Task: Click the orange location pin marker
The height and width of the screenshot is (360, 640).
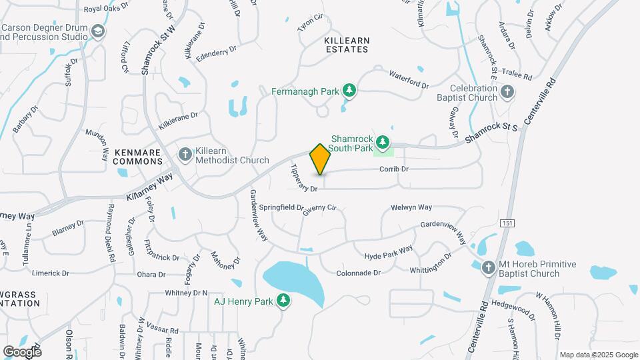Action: pos(320,159)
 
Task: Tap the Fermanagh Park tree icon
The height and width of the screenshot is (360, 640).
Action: pos(349,90)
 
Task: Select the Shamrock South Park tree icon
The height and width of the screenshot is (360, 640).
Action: pos(383,141)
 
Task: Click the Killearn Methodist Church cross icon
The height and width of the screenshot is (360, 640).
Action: pos(185,155)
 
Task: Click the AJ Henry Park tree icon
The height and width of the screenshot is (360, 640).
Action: pos(283,301)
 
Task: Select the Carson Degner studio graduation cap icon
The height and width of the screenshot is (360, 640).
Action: pos(99,32)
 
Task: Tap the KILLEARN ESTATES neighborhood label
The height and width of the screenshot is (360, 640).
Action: pos(346,45)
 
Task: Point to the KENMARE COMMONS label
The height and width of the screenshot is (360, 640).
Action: pos(137,157)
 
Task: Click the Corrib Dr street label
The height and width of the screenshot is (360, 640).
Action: pos(393,169)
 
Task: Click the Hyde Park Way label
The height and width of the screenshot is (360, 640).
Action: pos(389,253)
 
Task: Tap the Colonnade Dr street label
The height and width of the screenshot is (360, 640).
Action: pos(358,273)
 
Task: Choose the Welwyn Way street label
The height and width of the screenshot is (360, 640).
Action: pos(411,208)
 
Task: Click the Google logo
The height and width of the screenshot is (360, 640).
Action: pos(22,351)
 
